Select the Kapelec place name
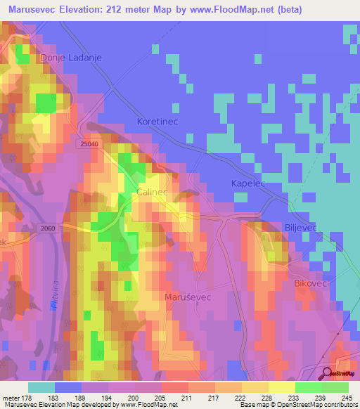click(251, 183)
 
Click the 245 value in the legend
click(347, 397)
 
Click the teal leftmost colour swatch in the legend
click(41, 387)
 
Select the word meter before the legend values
click(11, 397)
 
